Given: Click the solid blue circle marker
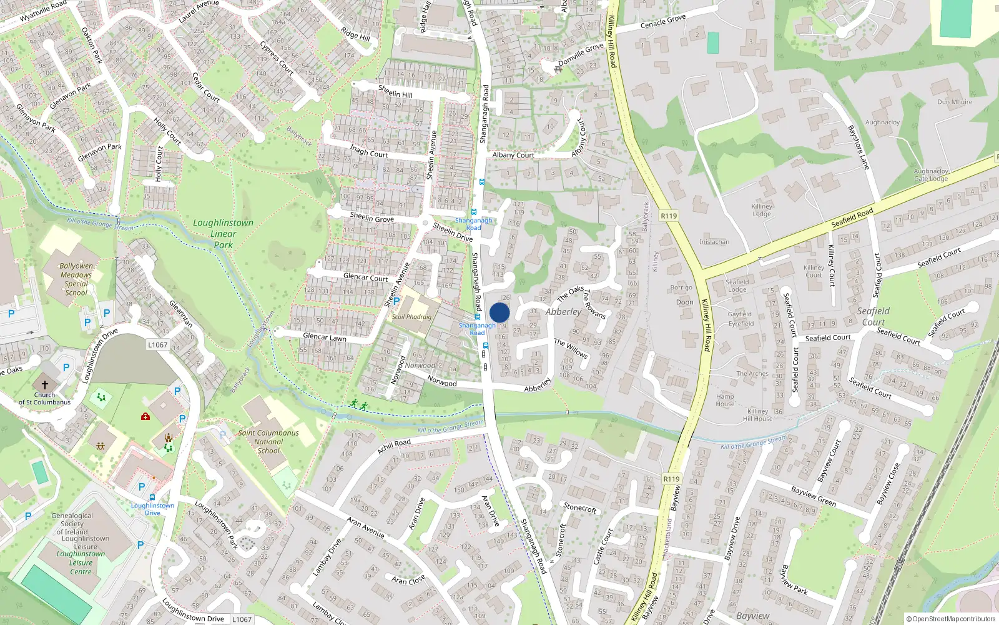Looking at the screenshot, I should pos(499,312).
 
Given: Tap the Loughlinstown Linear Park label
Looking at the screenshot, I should pos(223,234).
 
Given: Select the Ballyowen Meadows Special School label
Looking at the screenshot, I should pos(76,279).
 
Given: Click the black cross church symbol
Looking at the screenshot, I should pos(44,384).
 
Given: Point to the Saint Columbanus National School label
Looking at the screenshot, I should pos(268,441).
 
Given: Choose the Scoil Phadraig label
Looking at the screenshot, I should pos(411,317).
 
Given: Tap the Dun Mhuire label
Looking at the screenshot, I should pos(955,102).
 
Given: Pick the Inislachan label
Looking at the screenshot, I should pos(714,242).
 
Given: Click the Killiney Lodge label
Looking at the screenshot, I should pos(762,210).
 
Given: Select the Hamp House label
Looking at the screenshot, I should pos(725,400).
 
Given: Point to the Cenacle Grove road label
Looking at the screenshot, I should pos(663,21).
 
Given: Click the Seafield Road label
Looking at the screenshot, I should pos(852,218).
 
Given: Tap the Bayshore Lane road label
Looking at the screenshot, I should pos(859,147).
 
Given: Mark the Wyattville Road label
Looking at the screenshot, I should pos(43,11).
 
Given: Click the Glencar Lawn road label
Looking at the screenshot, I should pos(324,337).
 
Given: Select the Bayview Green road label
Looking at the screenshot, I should pos(813,496).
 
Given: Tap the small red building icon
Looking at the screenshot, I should pos(145,416).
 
